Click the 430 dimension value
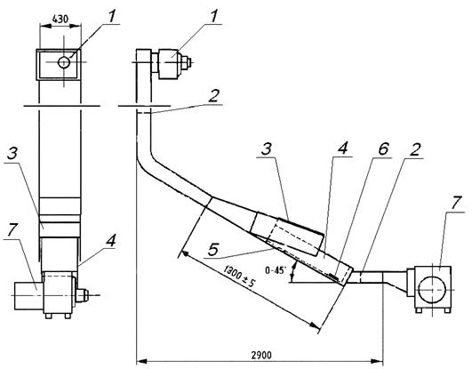pos(60,19)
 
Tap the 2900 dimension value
pos(261,356)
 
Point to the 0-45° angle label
pos(275,270)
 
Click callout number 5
pos(213,250)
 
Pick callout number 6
pos(383,149)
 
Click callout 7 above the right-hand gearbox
pos(455,204)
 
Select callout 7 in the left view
pos(12,231)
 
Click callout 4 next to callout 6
pos(343,148)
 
